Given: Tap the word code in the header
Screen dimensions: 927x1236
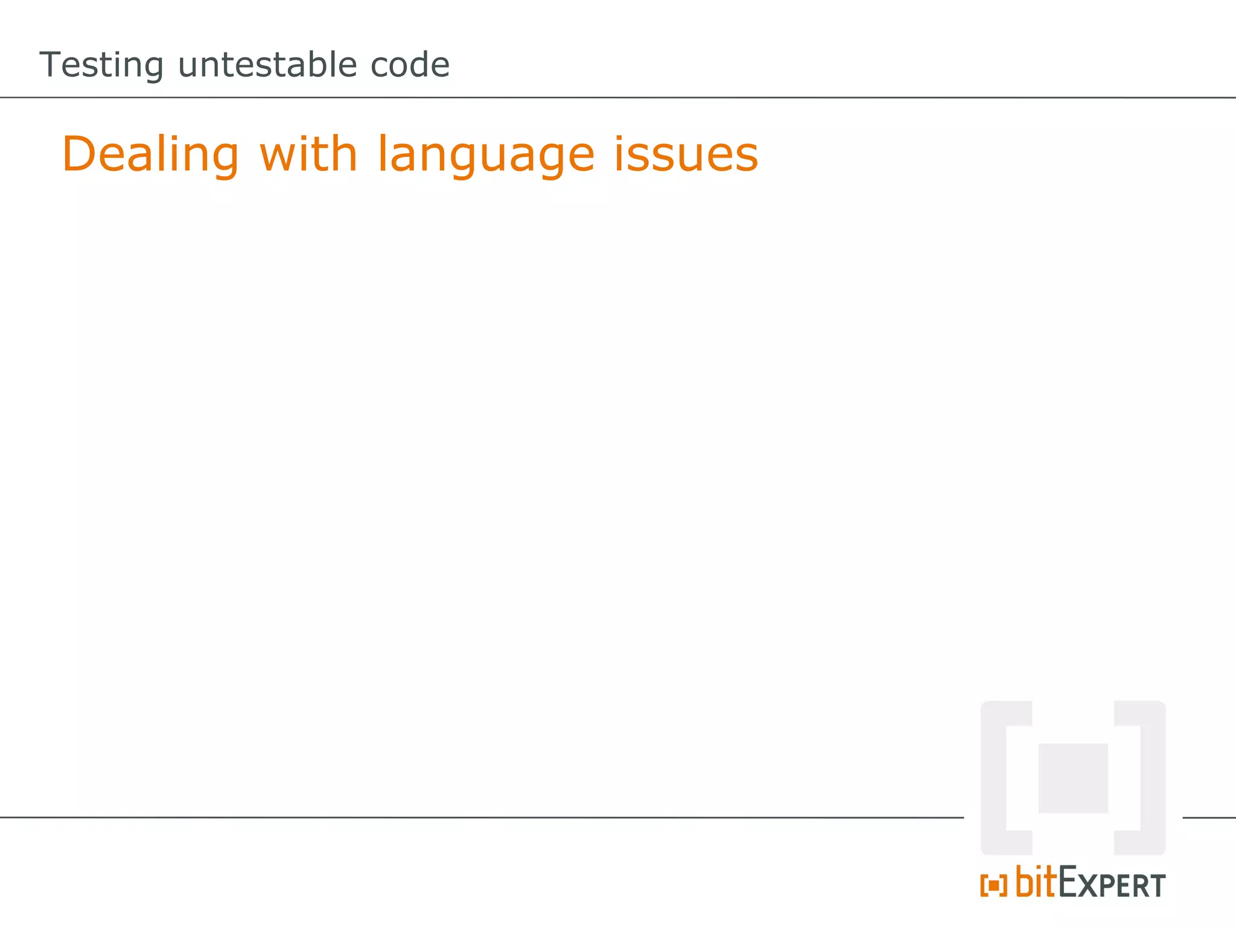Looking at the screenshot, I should (x=410, y=65).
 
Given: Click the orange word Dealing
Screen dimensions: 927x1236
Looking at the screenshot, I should (x=151, y=155).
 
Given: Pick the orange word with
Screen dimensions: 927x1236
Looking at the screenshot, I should (x=308, y=154).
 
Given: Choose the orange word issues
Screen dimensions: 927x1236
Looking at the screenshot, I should (x=686, y=155).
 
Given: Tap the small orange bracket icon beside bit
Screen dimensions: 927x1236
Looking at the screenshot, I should (x=993, y=886).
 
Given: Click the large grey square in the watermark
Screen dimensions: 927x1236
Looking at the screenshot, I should (x=1073, y=778).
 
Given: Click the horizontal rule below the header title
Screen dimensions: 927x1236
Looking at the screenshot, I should (x=618, y=97).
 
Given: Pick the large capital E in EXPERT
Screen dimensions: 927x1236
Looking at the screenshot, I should (x=1070, y=882).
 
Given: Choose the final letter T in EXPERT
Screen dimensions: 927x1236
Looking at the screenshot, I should (x=1157, y=886).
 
